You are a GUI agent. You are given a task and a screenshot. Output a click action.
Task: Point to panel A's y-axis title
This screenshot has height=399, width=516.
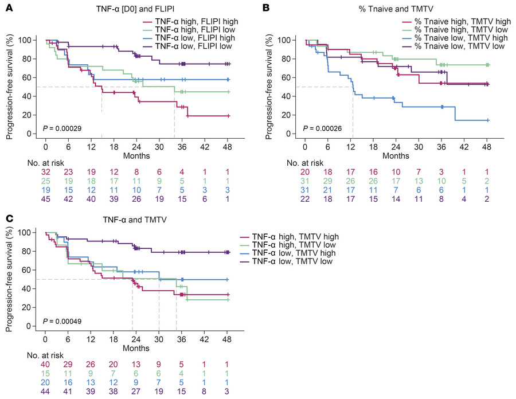pyautogui.click(x=9, y=86)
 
